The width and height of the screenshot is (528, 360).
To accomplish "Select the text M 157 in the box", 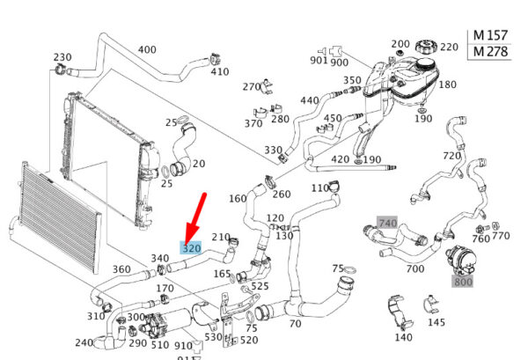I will pos(491,34).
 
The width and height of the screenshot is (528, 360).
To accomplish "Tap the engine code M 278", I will pos(491,52).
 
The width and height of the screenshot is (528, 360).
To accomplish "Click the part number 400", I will pos(147,49).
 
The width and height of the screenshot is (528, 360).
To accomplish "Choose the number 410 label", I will pos(219,72).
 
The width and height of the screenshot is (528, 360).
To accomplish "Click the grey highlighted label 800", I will pos(463,282).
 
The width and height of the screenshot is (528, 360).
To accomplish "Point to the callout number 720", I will pos(451,156).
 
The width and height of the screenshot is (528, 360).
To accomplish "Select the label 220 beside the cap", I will pos(449,47).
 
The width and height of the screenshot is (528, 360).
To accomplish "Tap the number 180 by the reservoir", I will pos(447,84).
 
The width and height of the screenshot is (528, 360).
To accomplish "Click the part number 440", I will pos(310,101).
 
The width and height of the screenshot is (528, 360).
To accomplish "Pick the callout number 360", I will pos(121,269).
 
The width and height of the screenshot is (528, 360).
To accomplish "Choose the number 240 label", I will pos(84,343).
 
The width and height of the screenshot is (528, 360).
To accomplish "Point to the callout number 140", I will pos(403,337).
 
